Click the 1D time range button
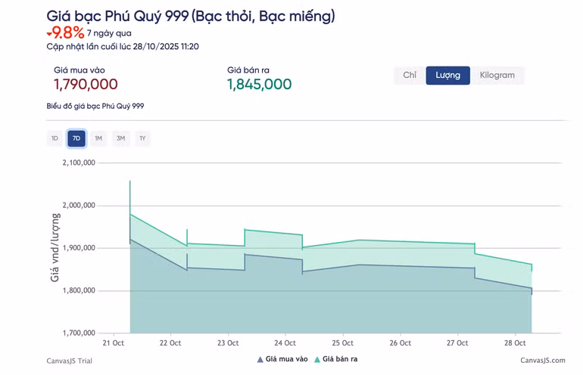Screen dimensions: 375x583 (x=55, y=138)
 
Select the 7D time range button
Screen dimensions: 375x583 (x=76, y=138)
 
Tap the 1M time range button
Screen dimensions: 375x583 (x=98, y=138)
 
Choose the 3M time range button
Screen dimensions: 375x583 (x=120, y=138)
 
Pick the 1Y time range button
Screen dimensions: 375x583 (x=142, y=138)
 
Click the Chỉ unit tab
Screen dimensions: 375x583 (x=410, y=76)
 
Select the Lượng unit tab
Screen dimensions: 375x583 (x=447, y=76)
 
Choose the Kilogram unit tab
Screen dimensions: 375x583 (x=497, y=76)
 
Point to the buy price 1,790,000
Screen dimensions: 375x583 (x=86, y=85)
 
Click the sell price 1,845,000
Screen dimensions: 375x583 (x=259, y=85)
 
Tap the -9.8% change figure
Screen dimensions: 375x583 (x=65, y=33)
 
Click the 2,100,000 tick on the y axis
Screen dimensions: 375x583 (x=79, y=163)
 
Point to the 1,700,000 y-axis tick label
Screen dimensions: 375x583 (x=79, y=333)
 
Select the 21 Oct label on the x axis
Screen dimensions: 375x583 (x=114, y=343)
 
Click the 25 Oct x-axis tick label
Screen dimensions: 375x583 (x=342, y=343)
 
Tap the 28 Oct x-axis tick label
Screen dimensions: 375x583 (x=515, y=343)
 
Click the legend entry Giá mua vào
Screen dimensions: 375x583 (x=282, y=359)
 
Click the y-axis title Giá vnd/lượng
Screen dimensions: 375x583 (x=55, y=247)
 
